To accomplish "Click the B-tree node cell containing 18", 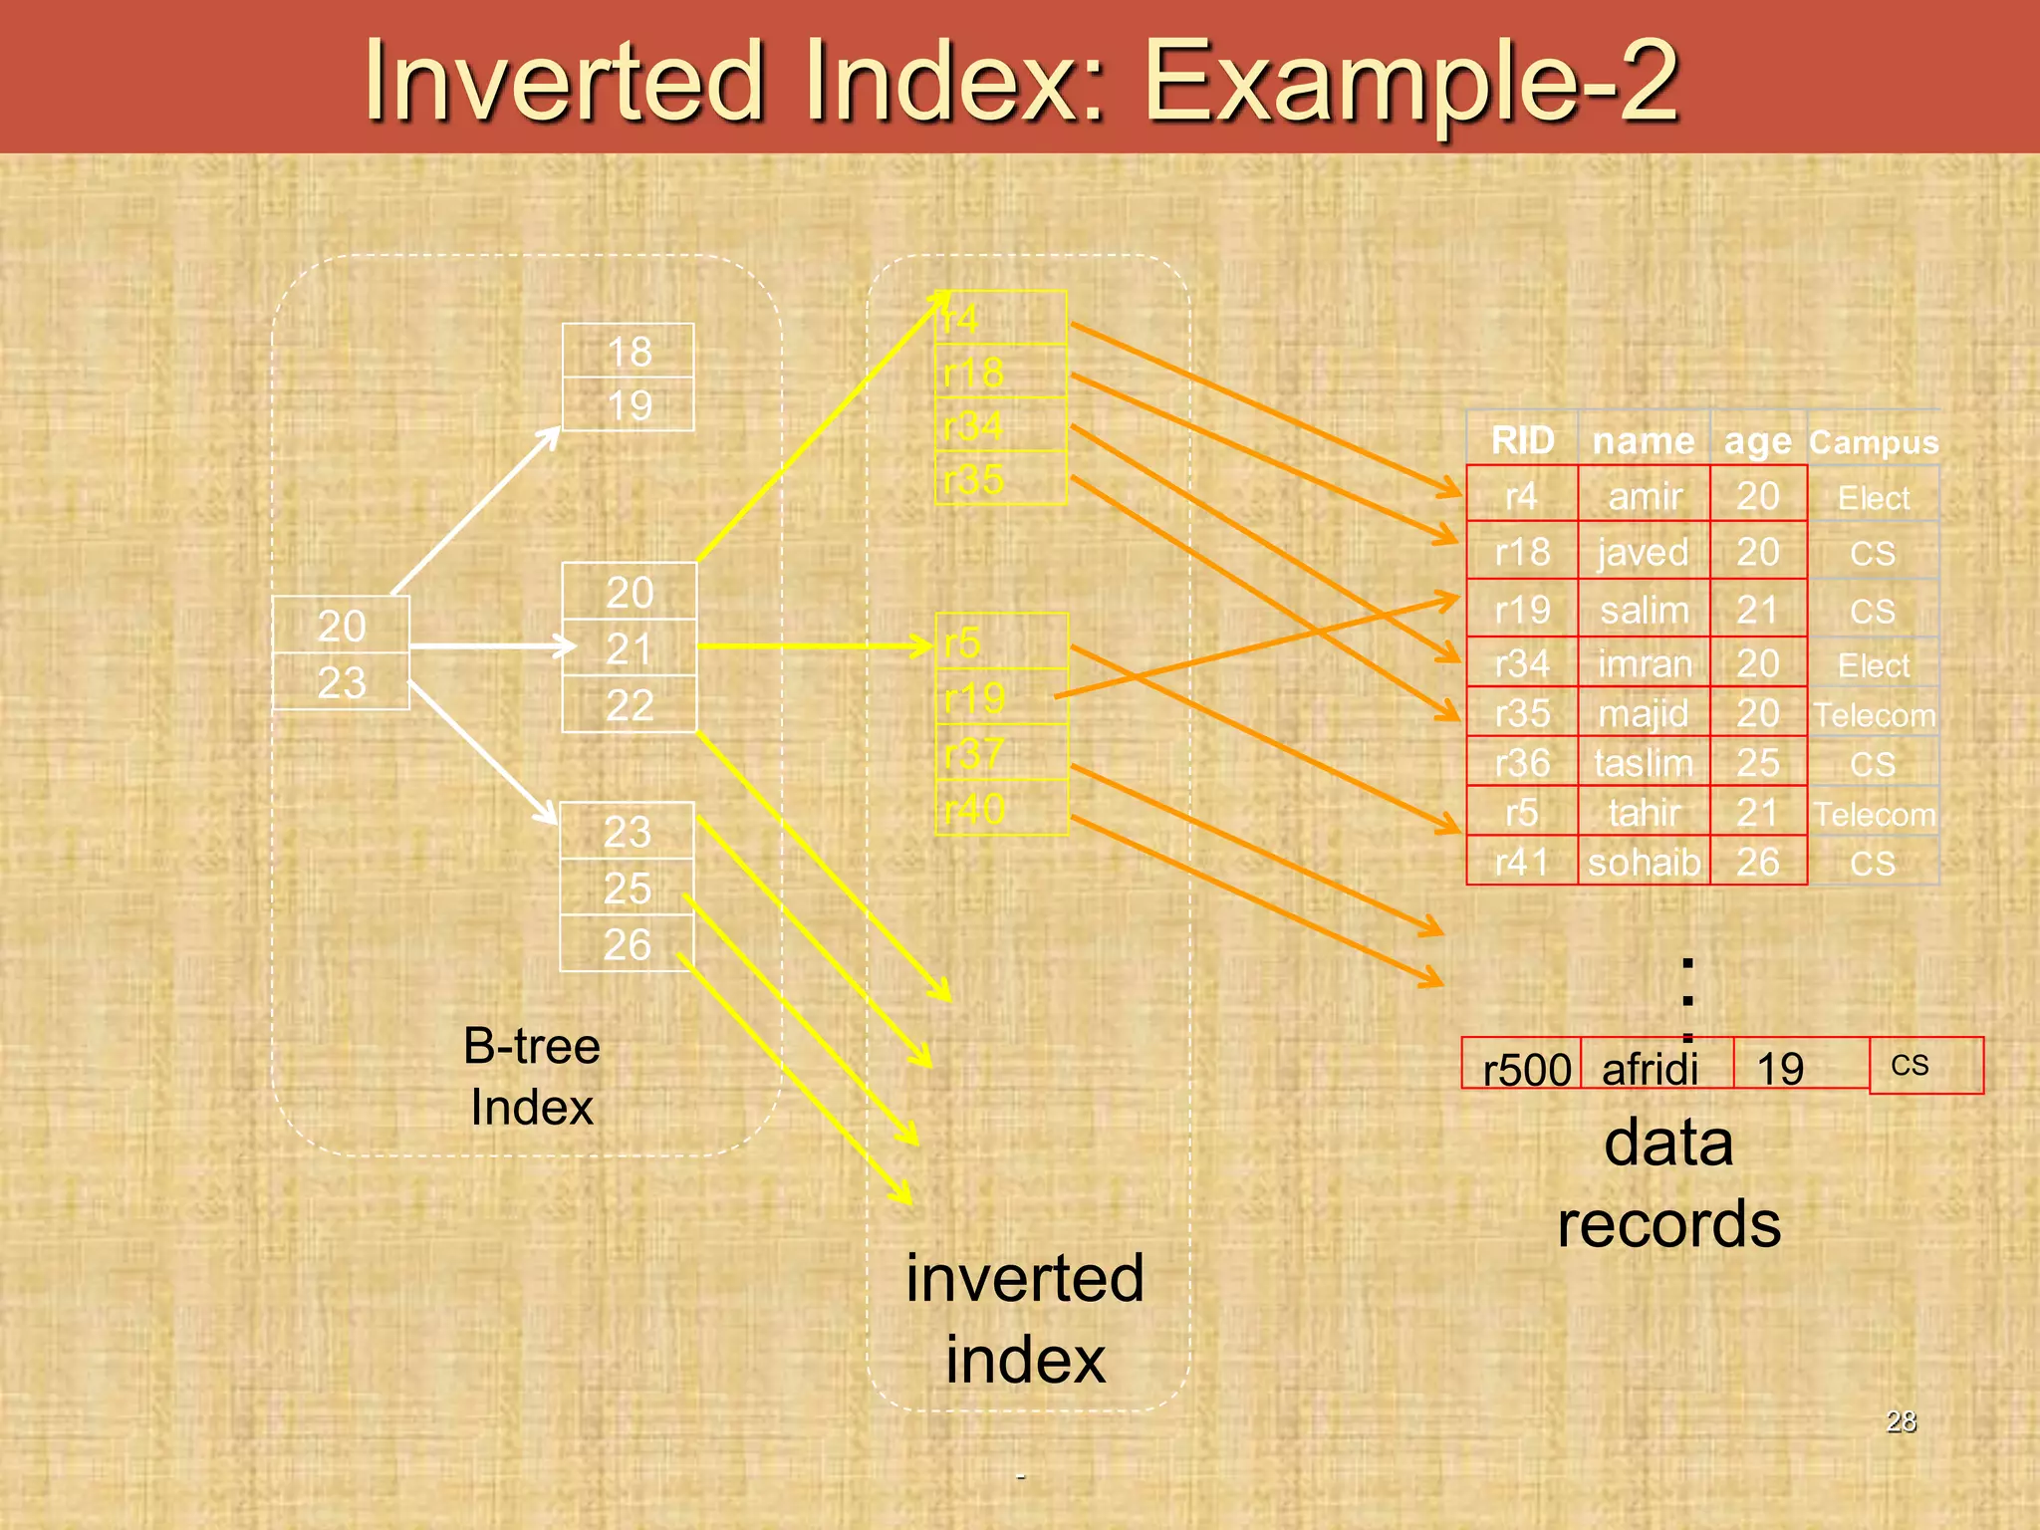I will [629, 351].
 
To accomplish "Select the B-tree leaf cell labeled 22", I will [629, 705].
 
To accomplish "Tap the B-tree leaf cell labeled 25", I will [627, 888].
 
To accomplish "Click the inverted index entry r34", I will [1000, 425].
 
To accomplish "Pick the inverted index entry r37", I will [1001, 753].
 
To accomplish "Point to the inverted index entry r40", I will [1001, 808].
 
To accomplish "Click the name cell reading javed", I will [1644, 552].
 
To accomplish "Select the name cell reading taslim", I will [1644, 763].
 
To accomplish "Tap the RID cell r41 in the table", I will [1522, 862].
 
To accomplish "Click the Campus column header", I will [1874, 441].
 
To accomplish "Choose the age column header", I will [1758, 440].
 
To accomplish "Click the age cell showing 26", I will [1758, 862].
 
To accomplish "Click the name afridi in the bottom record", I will [1650, 1069].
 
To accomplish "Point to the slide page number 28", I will [1901, 1420].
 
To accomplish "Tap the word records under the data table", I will [1668, 1223].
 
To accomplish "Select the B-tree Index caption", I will [532, 1077].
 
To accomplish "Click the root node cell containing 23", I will [342, 682].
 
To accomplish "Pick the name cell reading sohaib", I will [1644, 862].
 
